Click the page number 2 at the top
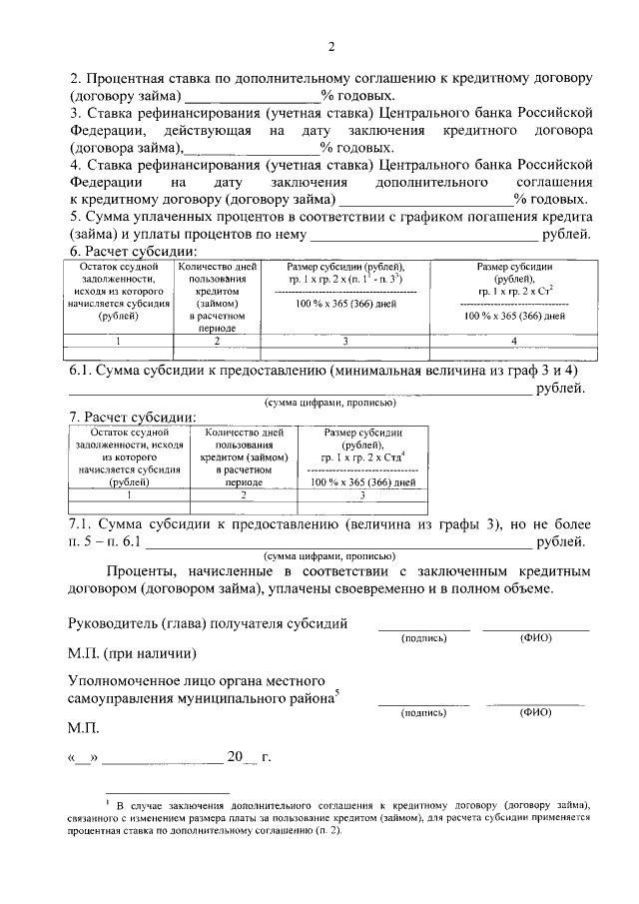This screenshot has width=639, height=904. (x=329, y=46)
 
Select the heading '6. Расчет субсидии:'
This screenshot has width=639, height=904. (x=132, y=251)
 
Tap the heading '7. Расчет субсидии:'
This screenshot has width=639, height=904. (x=132, y=417)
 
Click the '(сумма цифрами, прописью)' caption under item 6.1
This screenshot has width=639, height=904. (x=329, y=403)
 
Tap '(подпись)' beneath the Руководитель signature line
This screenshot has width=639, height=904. (x=422, y=637)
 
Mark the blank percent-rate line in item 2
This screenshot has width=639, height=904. (x=252, y=96)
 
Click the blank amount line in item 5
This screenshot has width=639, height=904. (x=423, y=234)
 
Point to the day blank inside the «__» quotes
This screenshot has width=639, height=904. (x=81, y=756)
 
